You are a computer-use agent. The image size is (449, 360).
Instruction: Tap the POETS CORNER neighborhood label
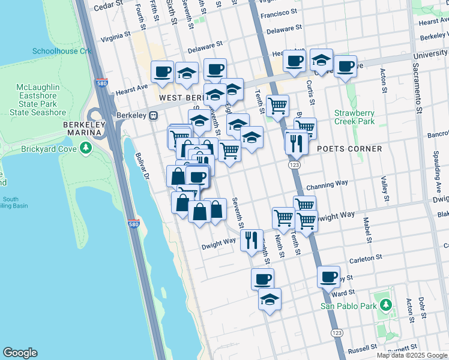pos(349,149)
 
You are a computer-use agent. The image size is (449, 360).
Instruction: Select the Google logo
pos(20,353)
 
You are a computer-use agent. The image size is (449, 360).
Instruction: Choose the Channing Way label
pos(327,187)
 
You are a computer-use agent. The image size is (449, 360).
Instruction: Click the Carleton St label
pos(366,257)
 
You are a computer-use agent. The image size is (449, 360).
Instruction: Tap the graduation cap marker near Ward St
pos(270,299)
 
